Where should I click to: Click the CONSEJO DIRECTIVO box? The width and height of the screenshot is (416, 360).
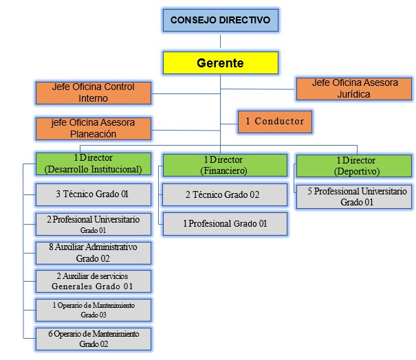pos(220,20)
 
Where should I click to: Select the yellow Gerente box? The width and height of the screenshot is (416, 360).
pos(220,63)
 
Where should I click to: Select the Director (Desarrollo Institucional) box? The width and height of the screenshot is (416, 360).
pos(93,164)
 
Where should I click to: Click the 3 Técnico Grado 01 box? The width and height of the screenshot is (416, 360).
pos(93,194)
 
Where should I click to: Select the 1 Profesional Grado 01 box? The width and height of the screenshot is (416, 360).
pos(225,223)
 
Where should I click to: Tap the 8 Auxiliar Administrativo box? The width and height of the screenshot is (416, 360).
pos(93,253)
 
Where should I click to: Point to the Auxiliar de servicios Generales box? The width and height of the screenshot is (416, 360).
pos(93,281)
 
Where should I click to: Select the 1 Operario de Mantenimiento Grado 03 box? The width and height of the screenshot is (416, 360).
pos(93,309)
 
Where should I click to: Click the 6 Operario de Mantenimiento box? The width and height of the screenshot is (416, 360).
pos(93,339)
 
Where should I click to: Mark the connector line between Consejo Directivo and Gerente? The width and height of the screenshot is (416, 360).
pos(220,41)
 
